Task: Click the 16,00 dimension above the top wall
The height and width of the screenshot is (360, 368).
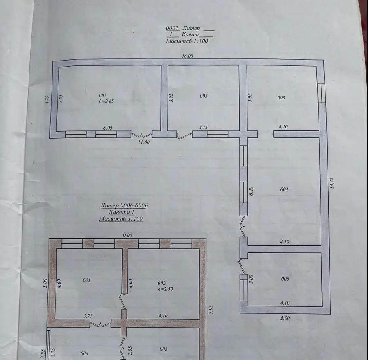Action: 187,56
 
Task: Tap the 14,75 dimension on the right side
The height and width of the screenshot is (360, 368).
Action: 332,183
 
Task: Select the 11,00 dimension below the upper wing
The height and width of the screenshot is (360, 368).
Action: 144,142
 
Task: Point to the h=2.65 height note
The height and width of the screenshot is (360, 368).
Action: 106,101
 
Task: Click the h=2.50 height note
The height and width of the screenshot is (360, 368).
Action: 165,289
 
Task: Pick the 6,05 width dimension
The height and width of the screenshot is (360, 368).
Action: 108,128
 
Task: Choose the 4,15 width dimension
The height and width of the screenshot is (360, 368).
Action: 203,128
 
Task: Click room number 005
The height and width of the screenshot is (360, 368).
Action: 285,279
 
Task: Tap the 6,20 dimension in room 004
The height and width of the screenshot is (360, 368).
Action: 251,191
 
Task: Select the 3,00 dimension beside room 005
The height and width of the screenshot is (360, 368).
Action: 251,279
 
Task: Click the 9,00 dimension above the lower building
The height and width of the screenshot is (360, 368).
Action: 128,235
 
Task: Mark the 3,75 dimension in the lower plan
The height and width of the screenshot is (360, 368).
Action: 88,316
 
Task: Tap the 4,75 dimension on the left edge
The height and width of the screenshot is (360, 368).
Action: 47,100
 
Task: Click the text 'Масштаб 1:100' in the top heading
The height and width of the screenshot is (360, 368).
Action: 187,41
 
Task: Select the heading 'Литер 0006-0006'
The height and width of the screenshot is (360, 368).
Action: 124,205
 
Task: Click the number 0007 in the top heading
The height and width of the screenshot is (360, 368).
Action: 172,28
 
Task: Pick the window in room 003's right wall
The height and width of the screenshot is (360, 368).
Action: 321,93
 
